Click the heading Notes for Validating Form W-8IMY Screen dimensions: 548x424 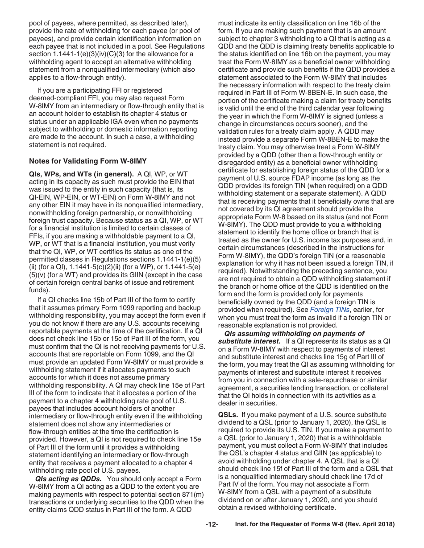pyautogui.click(x=87, y=161)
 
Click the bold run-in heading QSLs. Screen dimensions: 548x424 pyautogui.click(x=228, y=414)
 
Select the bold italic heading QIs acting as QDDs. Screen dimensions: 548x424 pyautogui.click(x=69, y=479)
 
